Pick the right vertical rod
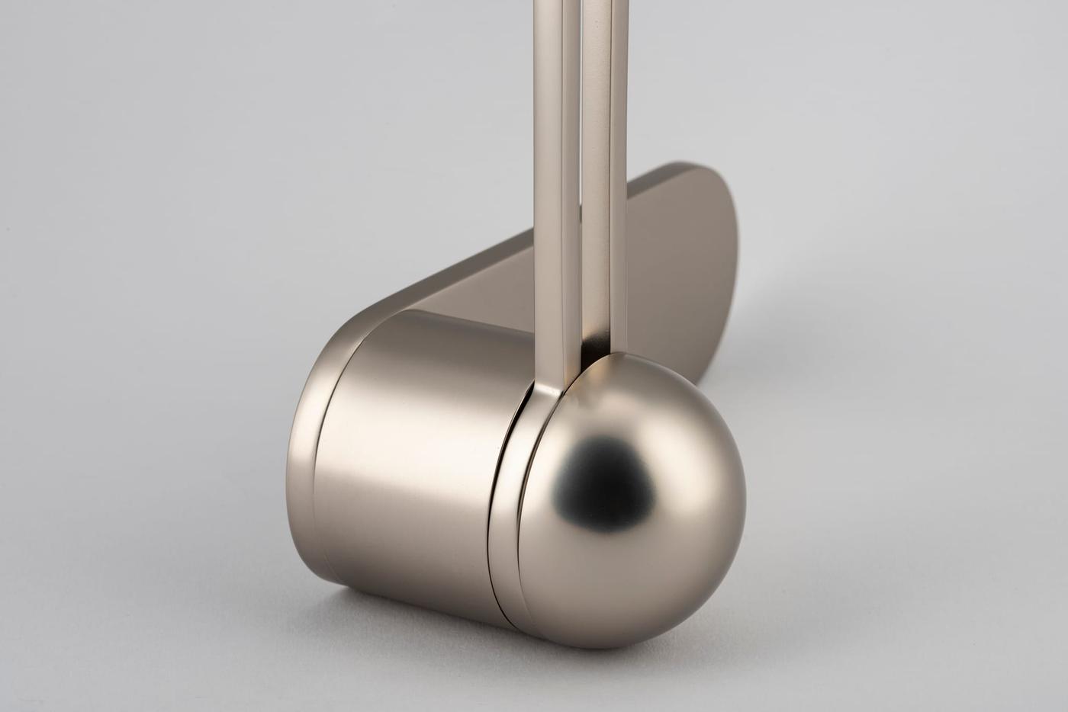click(x=603, y=191)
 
